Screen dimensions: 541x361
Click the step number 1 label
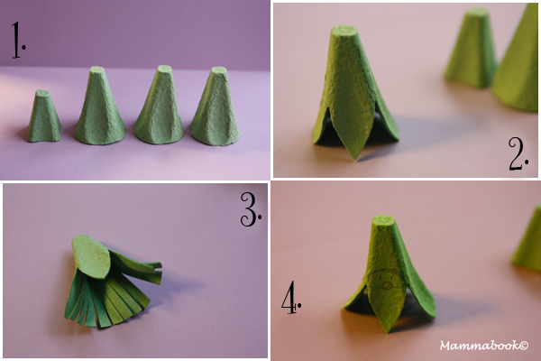coord(18,40)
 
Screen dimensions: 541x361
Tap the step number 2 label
coord(518,153)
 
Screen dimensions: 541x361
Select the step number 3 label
coord(251,209)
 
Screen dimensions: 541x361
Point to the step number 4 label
coord(291,298)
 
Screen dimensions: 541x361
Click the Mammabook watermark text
coord(484,345)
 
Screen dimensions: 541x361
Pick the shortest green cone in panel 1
coord(43,116)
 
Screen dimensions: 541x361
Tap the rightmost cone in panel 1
coord(215,106)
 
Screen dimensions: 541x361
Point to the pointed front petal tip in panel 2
coord(355,159)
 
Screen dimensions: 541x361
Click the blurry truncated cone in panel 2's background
coord(472,48)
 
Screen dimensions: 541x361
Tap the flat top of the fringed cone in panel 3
coord(91,256)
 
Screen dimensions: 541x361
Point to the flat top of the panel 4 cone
coord(383,219)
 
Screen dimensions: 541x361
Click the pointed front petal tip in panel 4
coord(389,331)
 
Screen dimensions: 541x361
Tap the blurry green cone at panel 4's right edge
coord(527,239)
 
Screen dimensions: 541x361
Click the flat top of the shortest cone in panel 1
coord(42,93)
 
